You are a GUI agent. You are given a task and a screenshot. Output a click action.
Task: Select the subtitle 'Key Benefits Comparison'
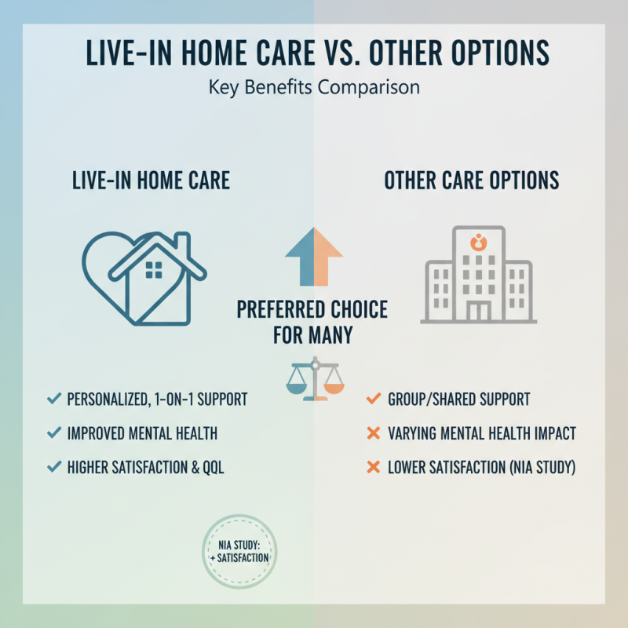point(314,87)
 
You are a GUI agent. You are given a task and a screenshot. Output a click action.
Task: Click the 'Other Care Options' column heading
point(472,180)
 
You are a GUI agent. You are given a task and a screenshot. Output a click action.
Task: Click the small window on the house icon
point(155,270)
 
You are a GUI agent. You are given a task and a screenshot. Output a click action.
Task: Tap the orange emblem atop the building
point(478,241)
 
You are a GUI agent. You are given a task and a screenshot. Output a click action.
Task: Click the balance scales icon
point(314,379)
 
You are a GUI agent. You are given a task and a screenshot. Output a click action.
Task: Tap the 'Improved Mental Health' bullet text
point(143,433)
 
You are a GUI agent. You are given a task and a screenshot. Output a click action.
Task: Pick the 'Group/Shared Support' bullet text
point(458,400)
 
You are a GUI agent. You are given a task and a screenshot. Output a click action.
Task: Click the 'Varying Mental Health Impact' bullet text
point(482,433)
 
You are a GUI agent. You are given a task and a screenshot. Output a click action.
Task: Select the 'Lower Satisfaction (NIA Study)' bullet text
point(482,468)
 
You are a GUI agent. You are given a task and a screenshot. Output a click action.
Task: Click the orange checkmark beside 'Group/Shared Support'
point(373,400)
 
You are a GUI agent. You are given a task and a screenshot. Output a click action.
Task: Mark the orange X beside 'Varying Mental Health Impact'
point(373,433)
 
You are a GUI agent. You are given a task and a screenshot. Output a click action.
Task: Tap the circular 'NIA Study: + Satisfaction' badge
point(239,552)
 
